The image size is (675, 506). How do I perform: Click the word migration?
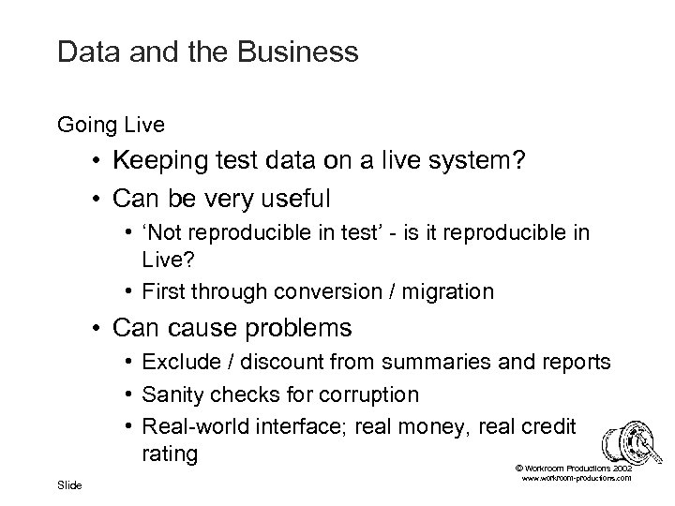coord(446,291)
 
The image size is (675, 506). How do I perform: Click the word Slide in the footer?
coord(69,485)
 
